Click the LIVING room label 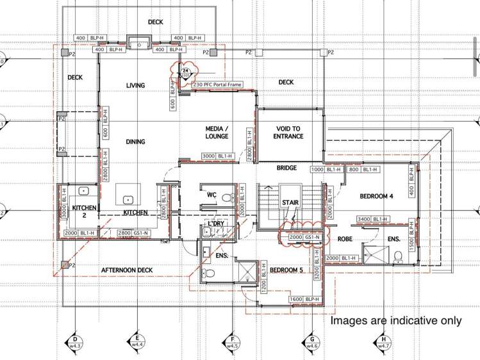(x=135, y=85)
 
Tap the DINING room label (x=135, y=142)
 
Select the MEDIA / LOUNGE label (x=217, y=132)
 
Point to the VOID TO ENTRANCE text (x=289, y=132)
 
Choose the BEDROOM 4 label (x=376, y=196)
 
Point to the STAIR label (x=290, y=202)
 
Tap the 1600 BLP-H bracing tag (x=304, y=299)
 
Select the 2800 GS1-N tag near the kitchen (x=134, y=233)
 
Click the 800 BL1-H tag (x=363, y=169)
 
